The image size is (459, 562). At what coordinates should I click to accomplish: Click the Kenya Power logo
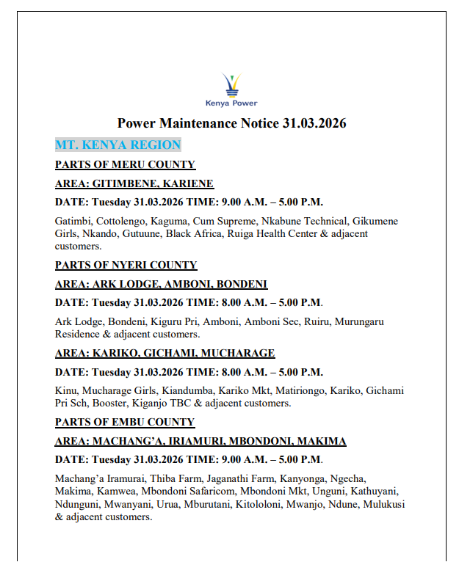pyautogui.click(x=231, y=90)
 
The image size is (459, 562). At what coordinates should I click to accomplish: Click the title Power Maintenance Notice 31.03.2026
pyautogui.click(x=231, y=123)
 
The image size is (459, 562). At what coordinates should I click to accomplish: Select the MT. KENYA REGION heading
pyautogui.click(x=118, y=145)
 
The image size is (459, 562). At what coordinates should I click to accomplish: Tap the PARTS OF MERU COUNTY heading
pyautogui.click(x=125, y=164)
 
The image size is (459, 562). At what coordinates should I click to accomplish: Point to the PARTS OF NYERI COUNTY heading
pyautogui.click(x=126, y=265)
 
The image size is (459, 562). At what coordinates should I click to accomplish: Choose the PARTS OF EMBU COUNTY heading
pyautogui.click(x=125, y=422)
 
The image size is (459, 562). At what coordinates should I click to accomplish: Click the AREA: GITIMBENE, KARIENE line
pyautogui.click(x=134, y=183)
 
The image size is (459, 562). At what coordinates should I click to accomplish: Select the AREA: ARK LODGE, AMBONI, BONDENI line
pyautogui.click(x=161, y=284)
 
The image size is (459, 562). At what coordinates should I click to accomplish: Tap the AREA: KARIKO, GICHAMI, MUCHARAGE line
pyautogui.click(x=165, y=353)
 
